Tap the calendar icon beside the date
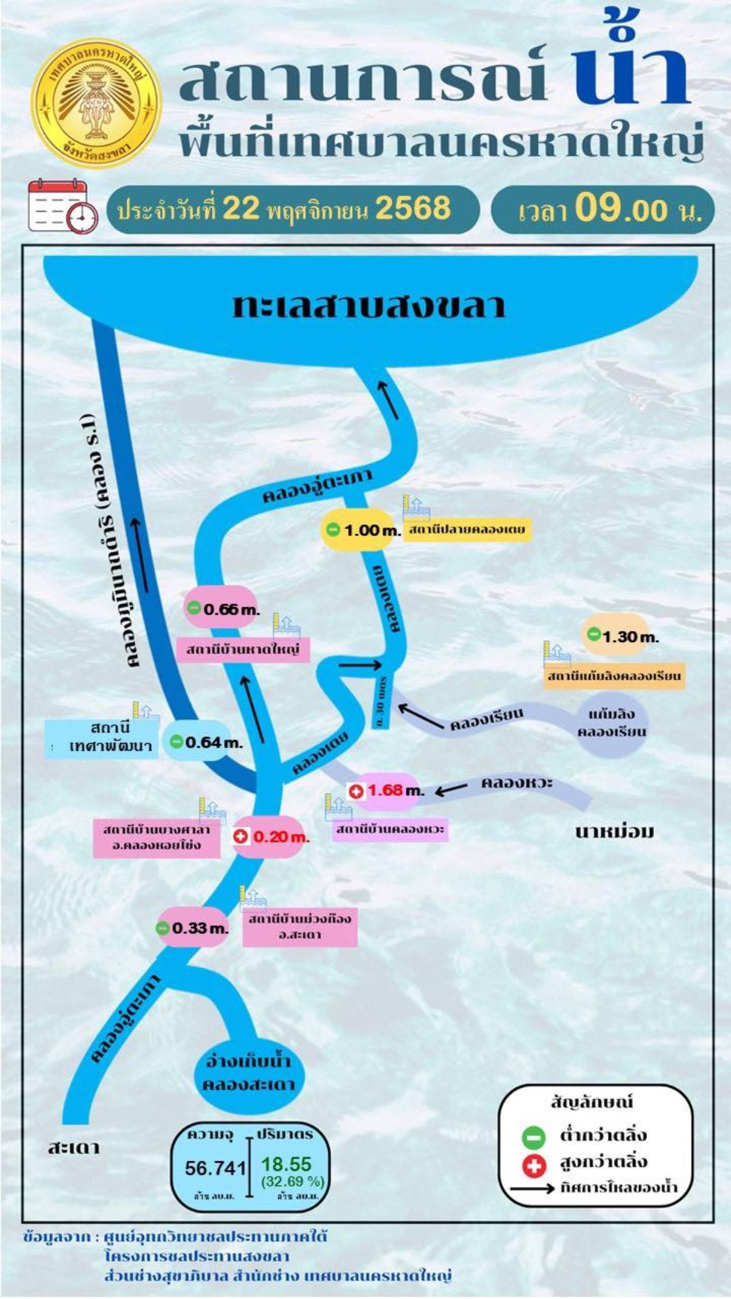[62, 206]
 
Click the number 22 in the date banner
[241, 208]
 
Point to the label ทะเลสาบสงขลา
[369, 306]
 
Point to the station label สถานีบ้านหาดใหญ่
[242, 650]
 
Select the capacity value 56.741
[215, 1167]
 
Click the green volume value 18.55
[286, 1164]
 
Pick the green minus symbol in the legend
[534, 1136]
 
